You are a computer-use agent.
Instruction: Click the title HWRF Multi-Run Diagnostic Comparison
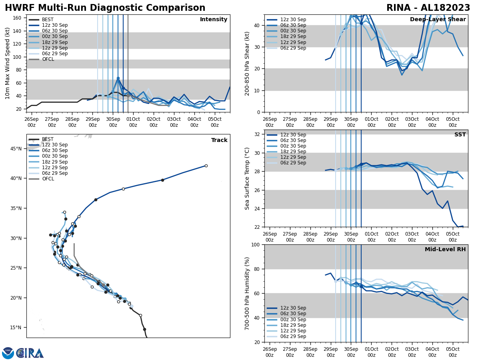coord(105,8)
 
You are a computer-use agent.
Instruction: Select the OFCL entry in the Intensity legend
coord(48,59)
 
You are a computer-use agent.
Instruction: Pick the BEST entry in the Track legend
coord(48,140)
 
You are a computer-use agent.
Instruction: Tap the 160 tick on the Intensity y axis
coord(18,18)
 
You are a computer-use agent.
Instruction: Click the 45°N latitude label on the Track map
coord(16,148)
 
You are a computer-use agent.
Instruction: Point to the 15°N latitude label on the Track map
coord(16,328)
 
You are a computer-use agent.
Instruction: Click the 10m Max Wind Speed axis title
coord(8,63)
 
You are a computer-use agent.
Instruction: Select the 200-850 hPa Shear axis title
coord(248,63)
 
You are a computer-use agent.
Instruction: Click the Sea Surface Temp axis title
coord(248,178)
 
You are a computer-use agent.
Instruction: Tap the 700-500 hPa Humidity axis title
coord(248,293)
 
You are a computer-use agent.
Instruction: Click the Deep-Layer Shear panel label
coord(438,20)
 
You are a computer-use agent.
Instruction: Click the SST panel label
coord(460,135)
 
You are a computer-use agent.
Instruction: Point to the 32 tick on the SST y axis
coord(257,134)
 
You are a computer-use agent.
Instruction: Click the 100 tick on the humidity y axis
coord(255,244)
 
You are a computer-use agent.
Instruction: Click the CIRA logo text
coord(30,353)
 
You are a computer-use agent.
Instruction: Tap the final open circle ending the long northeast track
coord(206,166)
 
